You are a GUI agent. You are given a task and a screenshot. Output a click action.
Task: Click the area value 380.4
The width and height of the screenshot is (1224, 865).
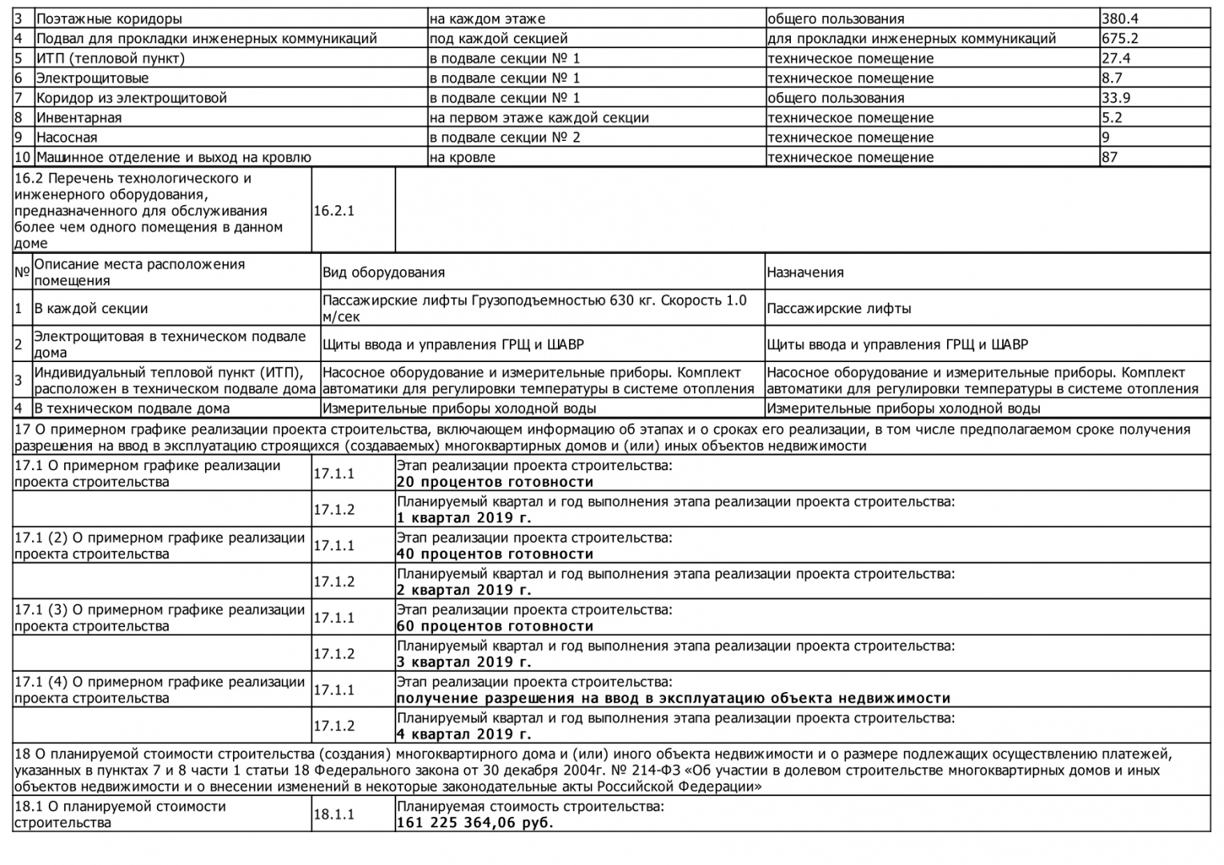click(x=1120, y=18)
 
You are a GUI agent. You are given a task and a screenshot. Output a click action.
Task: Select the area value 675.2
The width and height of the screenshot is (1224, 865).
click(x=1120, y=38)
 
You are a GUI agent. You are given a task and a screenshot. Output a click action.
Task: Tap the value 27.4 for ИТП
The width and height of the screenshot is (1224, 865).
click(x=1116, y=58)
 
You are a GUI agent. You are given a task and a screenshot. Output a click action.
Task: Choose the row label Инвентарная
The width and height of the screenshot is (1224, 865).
click(x=78, y=118)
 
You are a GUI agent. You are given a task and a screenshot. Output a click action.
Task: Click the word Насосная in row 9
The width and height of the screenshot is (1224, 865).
click(x=66, y=138)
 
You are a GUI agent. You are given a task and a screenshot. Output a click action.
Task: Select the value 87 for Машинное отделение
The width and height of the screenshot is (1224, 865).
click(x=1110, y=157)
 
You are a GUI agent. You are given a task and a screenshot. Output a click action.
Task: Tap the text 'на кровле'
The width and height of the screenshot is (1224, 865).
click(x=462, y=158)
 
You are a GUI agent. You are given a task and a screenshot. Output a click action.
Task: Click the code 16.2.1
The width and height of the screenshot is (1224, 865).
click(x=334, y=211)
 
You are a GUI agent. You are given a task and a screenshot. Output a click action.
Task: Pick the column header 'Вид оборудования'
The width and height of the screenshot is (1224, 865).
click(x=383, y=272)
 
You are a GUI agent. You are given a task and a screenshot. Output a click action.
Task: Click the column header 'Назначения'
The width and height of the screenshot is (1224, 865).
click(x=805, y=272)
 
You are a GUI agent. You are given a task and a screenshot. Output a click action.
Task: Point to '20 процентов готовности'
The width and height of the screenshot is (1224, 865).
click(x=495, y=482)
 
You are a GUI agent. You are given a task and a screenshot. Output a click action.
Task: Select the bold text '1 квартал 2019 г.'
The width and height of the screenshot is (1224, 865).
click(x=464, y=518)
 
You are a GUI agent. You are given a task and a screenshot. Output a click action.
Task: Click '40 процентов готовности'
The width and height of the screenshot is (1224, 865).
click(x=495, y=554)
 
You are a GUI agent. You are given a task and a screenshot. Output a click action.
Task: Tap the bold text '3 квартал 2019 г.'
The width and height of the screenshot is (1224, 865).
click(x=464, y=662)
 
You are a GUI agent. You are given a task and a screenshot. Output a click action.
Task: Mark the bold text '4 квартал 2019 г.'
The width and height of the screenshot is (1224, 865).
click(x=464, y=734)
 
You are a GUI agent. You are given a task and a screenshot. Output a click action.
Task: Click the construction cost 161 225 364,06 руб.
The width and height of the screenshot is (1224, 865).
click(x=475, y=823)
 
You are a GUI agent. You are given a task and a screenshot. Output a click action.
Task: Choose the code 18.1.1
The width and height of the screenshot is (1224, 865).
click(x=334, y=815)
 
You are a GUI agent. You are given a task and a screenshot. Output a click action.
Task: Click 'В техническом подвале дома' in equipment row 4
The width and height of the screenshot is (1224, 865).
click(x=131, y=408)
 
